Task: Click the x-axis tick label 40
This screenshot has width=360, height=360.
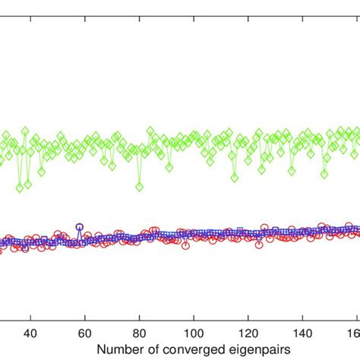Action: click(x=30, y=332)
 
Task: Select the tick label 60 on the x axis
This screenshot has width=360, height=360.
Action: click(x=85, y=332)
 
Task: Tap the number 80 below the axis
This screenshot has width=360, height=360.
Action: click(x=140, y=332)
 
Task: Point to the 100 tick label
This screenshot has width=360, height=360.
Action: click(x=194, y=332)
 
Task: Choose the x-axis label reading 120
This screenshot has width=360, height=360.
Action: click(x=249, y=332)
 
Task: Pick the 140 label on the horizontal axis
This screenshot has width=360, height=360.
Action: click(x=304, y=332)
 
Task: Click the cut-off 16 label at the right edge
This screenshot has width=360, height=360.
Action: click(x=354, y=332)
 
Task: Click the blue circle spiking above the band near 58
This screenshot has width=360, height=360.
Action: click(x=79, y=226)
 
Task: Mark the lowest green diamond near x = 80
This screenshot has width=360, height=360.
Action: click(x=139, y=185)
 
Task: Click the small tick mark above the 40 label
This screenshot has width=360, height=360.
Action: click(x=30, y=319)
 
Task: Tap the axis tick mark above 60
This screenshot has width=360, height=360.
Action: click(x=85, y=319)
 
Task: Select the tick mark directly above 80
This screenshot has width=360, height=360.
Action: click(x=140, y=319)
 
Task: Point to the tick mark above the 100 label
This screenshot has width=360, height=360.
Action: click(x=194, y=319)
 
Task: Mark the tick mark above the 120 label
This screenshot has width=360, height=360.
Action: click(x=249, y=319)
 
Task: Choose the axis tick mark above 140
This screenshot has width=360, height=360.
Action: click(x=304, y=319)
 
